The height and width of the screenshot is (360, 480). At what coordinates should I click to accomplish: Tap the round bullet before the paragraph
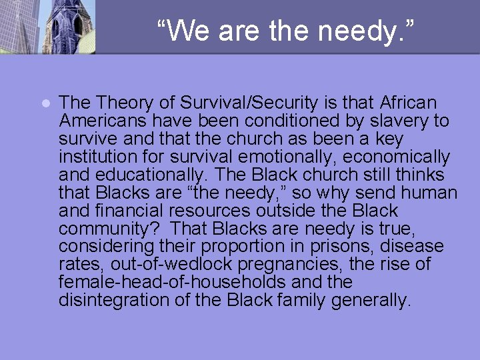45,104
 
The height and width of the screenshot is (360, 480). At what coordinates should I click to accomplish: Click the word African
408,103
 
